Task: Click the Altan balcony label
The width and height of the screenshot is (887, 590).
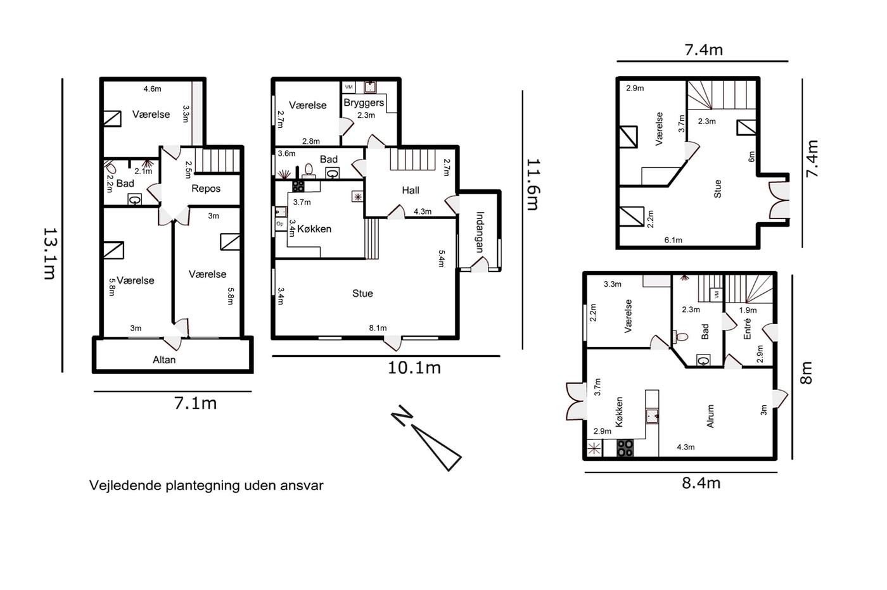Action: pos(164,360)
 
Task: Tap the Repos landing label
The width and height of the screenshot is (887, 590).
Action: pos(205,189)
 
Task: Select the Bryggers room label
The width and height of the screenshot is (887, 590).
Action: pos(364,103)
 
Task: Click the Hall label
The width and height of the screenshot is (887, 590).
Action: pos(411,191)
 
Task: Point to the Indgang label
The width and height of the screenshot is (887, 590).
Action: pos(480,232)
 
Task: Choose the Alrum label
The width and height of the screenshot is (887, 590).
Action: pos(710,416)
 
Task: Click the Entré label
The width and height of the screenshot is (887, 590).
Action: pos(747,329)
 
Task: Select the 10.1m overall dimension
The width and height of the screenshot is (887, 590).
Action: pos(414,368)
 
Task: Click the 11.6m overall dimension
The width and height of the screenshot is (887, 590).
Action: pos(533,184)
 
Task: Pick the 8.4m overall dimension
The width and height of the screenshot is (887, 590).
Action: pos(701,483)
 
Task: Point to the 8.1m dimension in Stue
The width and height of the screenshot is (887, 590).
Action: pos(378,328)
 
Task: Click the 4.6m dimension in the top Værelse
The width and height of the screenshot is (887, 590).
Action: pos(153,89)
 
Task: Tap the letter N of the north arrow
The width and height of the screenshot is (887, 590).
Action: pos(402,415)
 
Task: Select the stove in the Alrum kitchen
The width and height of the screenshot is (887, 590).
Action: pos(625,448)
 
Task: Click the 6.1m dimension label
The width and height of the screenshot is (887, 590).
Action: pos(673,240)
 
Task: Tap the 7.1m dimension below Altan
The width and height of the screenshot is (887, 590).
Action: pos(195,404)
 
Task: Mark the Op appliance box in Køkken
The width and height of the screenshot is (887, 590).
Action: pos(280,224)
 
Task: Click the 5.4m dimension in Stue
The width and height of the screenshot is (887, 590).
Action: pos(442,258)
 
